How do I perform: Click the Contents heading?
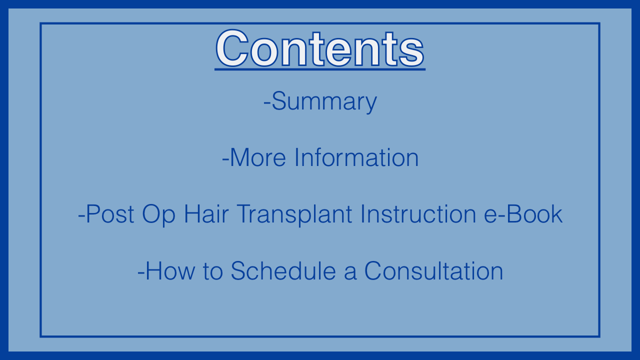320,48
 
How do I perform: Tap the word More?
257,157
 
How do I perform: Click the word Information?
356,157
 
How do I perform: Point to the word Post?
110,214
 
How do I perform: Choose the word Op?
158,215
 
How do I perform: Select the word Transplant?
294,215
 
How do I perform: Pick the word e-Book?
523,214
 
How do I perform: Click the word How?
170,271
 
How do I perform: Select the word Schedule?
283,271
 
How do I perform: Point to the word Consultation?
433,271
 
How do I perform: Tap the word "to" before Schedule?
213,271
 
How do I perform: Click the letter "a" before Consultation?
350,273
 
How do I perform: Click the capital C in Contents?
232,48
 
